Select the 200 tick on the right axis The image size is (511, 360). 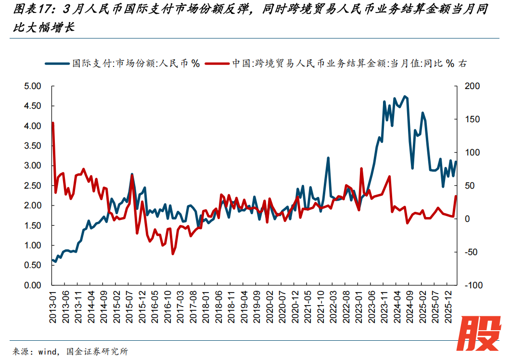[x=473, y=86]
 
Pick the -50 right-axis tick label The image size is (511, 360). [x=473, y=252]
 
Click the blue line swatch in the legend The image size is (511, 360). [x=58, y=63]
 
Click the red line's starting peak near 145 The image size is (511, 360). [x=52, y=123]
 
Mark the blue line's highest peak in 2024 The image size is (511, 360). [x=405, y=96]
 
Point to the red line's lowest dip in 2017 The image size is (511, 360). [x=173, y=254]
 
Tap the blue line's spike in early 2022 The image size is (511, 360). [x=328, y=158]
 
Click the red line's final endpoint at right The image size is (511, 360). [x=456, y=196]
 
